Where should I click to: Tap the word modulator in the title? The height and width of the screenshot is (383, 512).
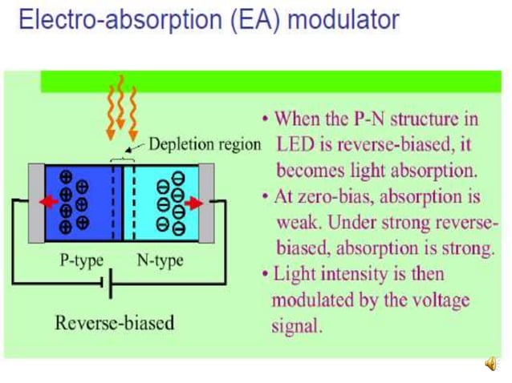pyautogui.click(x=343, y=19)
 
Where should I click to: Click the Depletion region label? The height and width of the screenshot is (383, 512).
pyautogui.click(x=205, y=144)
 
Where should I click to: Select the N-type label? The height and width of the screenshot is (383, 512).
pyautogui.click(x=160, y=260)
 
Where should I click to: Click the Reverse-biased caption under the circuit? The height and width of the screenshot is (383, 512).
pyautogui.click(x=114, y=323)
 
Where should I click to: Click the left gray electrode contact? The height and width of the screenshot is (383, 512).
pyautogui.click(x=36, y=202)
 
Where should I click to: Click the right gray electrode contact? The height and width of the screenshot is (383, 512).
pyautogui.click(x=207, y=202)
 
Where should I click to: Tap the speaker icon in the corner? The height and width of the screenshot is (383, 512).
pyautogui.click(x=490, y=365)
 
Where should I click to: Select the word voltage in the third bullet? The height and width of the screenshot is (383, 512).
pyautogui.click(x=440, y=300)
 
